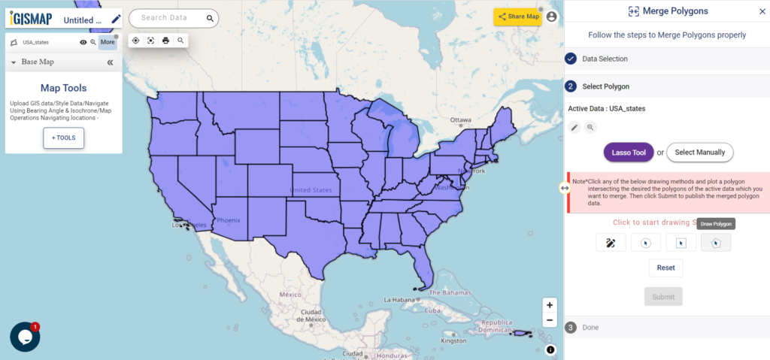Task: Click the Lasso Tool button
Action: [629, 153]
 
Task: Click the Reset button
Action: [665, 268]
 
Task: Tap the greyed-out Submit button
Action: [663, 296]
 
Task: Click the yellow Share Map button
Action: [518, 17]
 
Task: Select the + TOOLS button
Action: [64, 138]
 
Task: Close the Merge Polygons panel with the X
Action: [762, 11]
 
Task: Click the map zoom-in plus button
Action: [550, 305]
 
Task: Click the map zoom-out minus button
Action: [550, 320]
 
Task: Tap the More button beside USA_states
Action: [108, 42]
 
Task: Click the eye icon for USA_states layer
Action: [83, 42]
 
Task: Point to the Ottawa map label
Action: [460, 120]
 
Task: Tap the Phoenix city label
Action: [227, 221]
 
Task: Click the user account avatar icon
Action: [552, 17]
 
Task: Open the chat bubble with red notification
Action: [25, 337]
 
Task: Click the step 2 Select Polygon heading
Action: [605, 86]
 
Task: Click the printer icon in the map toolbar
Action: [165, 41]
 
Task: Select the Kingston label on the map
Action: [454, 341]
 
